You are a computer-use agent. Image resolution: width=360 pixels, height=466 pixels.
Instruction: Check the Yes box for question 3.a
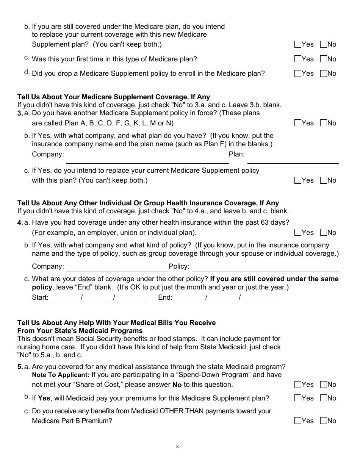pos(298,123)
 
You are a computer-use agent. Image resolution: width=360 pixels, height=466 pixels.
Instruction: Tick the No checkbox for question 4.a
pos(324,233)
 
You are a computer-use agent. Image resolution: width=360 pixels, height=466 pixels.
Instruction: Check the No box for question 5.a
pos(324,385)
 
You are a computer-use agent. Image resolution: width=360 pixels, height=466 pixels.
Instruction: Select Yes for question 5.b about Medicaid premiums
pos(298,398)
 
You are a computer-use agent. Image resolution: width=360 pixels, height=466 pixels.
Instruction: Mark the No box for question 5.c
pos(324,421)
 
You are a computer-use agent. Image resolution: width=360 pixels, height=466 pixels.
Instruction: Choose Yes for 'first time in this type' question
pos(298,59)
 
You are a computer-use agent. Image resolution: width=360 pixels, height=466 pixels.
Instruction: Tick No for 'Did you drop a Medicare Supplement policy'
pos(324,73)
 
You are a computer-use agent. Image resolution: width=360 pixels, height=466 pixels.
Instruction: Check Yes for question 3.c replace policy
pos(298,180)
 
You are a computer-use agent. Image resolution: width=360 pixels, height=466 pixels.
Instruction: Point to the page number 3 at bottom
pos(177,447)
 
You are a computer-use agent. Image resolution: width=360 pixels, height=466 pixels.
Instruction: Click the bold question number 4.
pos(20,223)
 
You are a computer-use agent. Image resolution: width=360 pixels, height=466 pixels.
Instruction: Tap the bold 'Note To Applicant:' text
pos(61,375)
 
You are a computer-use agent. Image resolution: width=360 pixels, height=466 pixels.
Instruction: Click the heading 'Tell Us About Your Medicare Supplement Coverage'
pos(114,97)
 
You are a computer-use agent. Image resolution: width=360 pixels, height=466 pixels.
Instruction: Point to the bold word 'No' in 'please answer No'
pos(177,385)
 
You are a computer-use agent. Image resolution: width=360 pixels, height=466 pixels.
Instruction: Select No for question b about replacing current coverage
pos(324,44)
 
